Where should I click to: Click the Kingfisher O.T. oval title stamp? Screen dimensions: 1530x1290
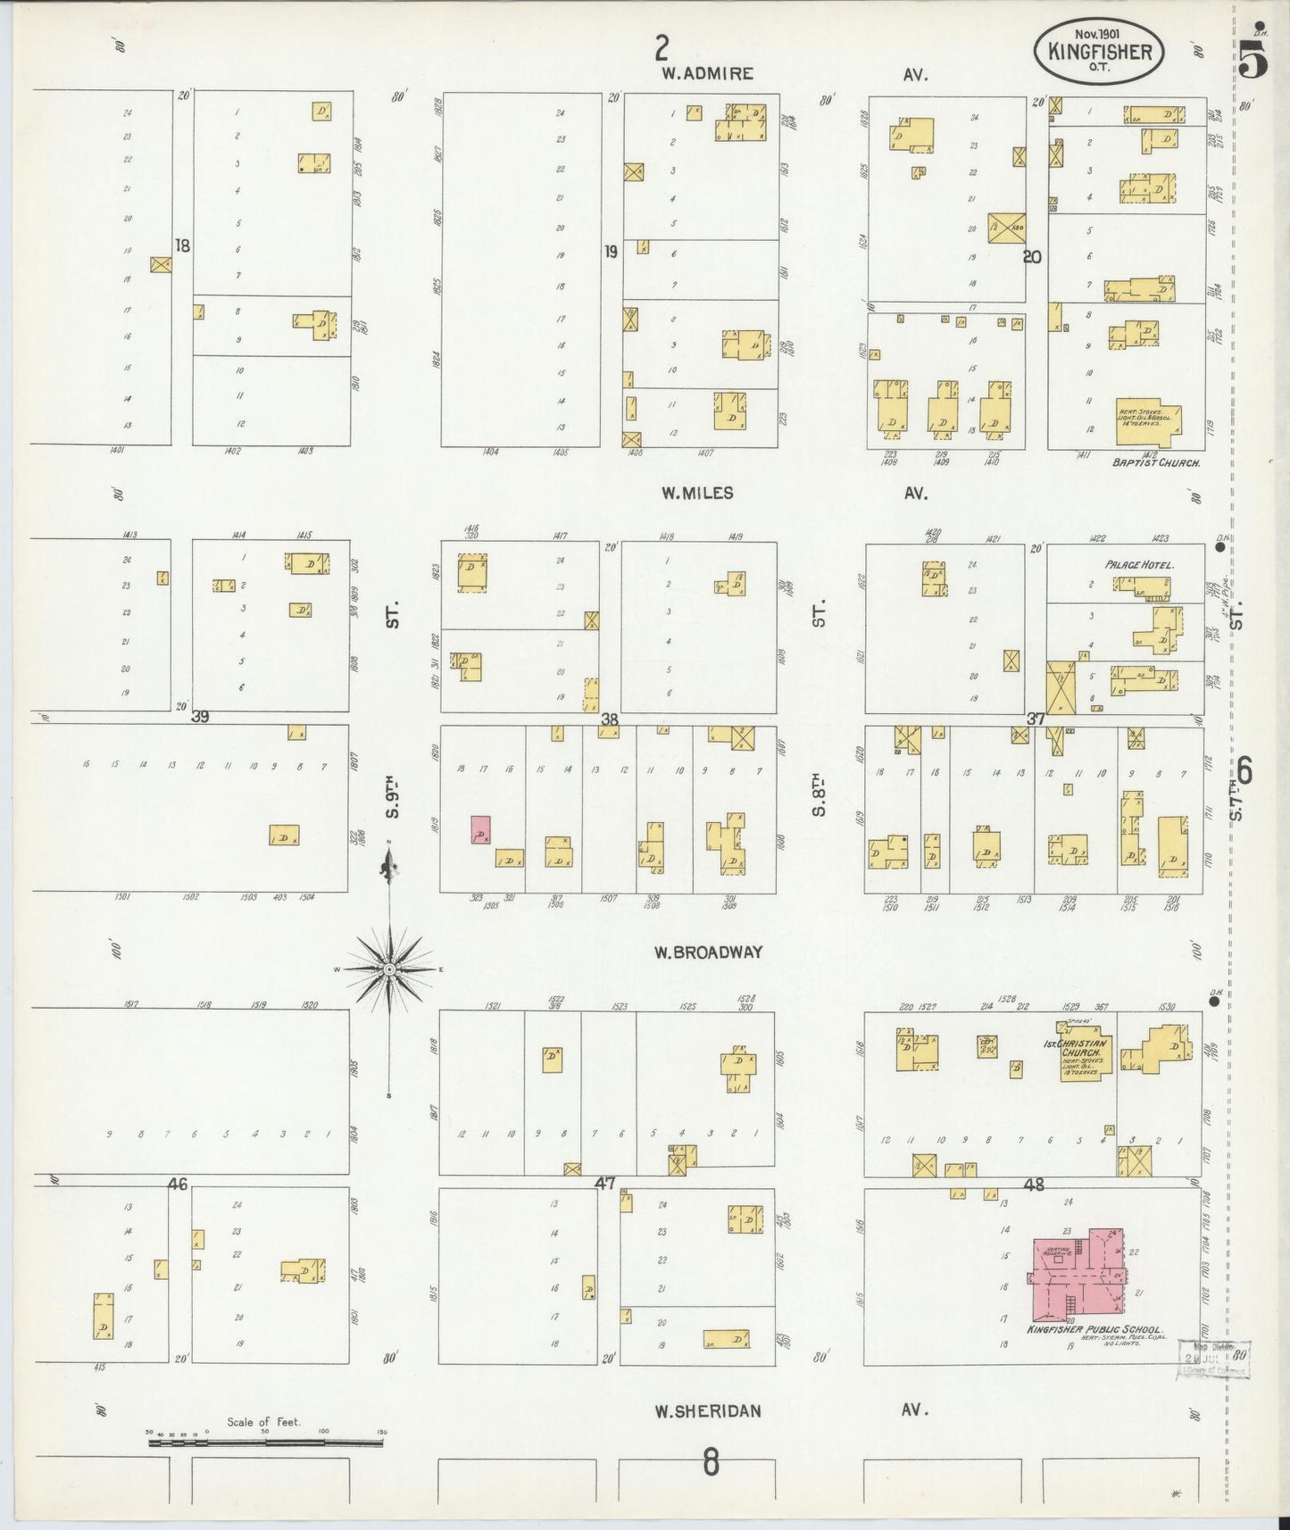(1099, 52)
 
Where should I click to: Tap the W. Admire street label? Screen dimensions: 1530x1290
(707, 74)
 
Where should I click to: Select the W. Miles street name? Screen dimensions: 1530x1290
(697, 493)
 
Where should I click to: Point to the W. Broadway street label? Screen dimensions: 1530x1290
(707, 952)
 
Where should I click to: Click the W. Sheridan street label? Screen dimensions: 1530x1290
(707, 1411)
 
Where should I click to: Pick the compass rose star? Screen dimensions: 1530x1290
(390, 969)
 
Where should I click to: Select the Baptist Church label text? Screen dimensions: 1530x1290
(1156, 464)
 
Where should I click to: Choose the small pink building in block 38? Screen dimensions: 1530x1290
(481, 829)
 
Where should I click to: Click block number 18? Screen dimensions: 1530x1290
(182, 246)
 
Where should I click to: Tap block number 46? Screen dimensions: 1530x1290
(177, 1185)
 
